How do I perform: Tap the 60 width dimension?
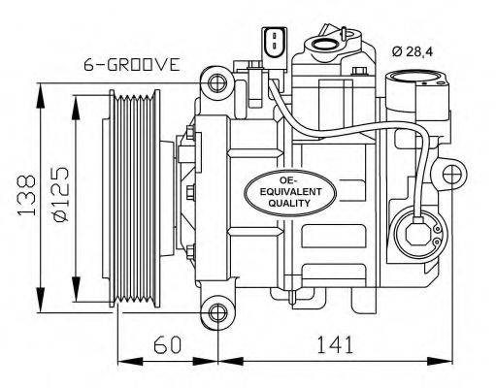(x=167, y=345)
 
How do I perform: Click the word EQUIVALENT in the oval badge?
(x=284, y=191)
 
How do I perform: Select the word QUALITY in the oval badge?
(x=284, y=204)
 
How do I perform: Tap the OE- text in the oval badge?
(x=284, y=179)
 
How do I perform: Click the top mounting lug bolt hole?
(x=218, y=81)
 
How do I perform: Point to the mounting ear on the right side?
(x=449, y=175)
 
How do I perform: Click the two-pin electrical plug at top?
(x=274, y=42)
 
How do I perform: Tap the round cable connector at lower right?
(x=417, y=232)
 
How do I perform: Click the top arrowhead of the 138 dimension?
(x=40, y=90)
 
